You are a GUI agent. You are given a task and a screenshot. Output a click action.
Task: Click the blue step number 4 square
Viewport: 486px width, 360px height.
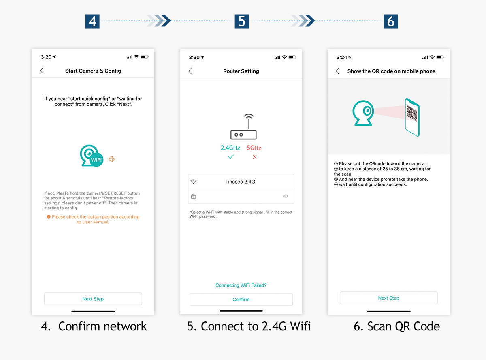pyautogui.click(x=92, y=21)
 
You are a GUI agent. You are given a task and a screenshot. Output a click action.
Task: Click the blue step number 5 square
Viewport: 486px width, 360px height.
pyautogui.click(x=242, y=21)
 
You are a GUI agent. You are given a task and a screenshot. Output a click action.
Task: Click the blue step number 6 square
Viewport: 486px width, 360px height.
pyautogui.click(x=391, y=21)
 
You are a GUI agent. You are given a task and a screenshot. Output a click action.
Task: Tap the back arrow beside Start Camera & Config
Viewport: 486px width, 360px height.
pyautogui.click(x=42, y=71)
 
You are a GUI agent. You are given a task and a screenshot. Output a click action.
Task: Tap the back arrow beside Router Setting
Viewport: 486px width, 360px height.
pyautogui.click(x=190, y=71)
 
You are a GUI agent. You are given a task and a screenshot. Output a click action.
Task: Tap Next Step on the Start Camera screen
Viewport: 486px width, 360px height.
pyautogui.click(x=93, y=299)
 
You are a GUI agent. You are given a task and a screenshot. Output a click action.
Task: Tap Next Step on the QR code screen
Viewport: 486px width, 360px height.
pyautogui.click(x=388, y=298)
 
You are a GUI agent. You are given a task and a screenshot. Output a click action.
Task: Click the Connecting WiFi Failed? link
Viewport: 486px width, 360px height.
pyautogui.click(x=241, y=285)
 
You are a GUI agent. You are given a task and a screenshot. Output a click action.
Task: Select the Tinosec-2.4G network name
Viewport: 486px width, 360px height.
pyautogui.click(x=240, y=182)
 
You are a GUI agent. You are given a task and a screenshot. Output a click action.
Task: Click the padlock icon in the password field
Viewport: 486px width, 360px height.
pyautogui.click(x=194, y=196)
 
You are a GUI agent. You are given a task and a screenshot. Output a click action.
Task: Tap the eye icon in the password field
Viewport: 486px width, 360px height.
pyautogui.click(x=286, y=196)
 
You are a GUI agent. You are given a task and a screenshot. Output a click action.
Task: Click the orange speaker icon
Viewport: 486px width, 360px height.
pyautogui.click(x=112, y=159)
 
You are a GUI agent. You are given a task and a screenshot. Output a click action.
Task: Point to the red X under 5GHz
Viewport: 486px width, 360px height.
pyautogui.click(x=254, y=157)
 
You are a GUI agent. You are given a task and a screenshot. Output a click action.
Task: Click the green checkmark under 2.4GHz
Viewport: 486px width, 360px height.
pyautogui.click(x=231, y=157)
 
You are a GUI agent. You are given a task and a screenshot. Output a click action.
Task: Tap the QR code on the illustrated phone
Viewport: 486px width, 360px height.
pyautogui.click(x=412, y=113)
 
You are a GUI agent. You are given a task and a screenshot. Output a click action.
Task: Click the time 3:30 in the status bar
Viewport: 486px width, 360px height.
pyautogui.click(x=194, y=57)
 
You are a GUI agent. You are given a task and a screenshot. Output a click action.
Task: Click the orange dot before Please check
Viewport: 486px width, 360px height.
pyautogui.click(x=49, y=217)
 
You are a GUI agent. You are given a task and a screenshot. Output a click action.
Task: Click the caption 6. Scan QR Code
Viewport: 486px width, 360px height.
pyautogui.click(x=396, y=326)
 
